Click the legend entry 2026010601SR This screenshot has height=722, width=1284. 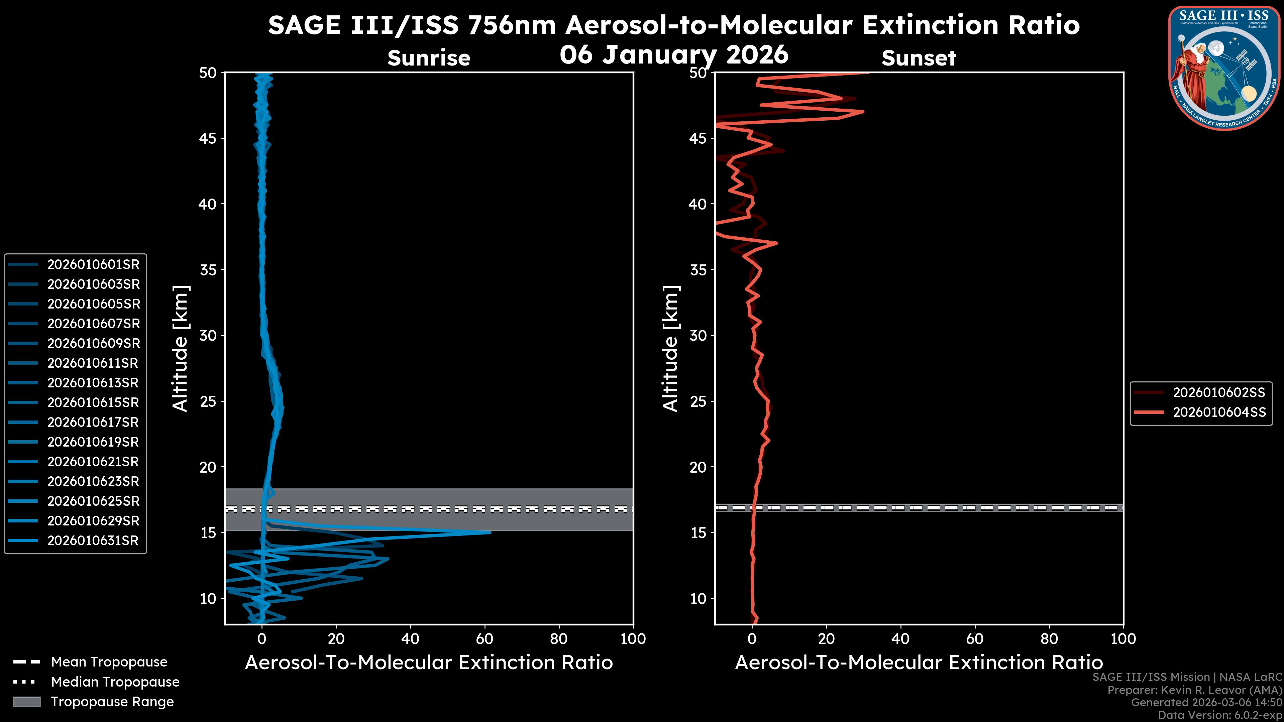(93, 265)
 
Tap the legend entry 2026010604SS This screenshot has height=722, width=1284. (1219, 412)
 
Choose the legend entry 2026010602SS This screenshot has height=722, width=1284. (1219, 393)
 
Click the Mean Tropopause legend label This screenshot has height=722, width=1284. (109, 662)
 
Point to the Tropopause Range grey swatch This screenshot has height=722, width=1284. (27, 702)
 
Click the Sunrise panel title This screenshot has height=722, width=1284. (429, 58)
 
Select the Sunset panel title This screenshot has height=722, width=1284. (919, 58)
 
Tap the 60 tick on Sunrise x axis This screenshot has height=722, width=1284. (485, 639)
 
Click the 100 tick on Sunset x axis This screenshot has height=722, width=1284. (1123, 639)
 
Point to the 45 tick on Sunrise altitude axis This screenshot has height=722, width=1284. (208, 138)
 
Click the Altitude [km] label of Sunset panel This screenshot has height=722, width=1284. (671, 349)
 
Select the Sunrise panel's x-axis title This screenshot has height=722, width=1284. (429, 663)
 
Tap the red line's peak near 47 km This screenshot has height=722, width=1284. (863, 112)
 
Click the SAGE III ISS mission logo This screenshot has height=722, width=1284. (1224, 68)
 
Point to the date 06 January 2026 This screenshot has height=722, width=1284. (674, 55)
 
